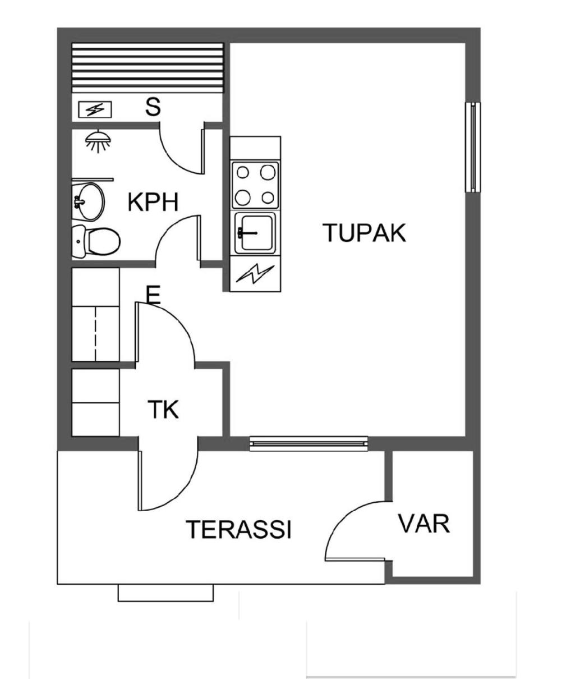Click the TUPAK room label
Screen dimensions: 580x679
[x=364, y=233]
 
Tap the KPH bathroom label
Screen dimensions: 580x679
[x=153, y=203]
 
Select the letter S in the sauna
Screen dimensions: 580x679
[x=153, y=107]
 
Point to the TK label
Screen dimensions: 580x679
[x=163, y=409]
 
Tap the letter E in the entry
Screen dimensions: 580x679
[x=153, y=295]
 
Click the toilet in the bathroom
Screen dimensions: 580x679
[x=96, y=242]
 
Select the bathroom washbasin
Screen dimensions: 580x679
[x=88, y=201]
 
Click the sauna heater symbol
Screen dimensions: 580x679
[x=95, y=110]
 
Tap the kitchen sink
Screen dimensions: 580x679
[x=255, y=233]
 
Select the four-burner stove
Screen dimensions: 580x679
[x=255, y=185]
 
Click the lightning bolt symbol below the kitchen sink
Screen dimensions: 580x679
[x=255, y=273]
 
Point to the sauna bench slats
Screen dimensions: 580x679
[x=148, y=68]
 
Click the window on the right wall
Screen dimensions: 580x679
[x=473, y=147]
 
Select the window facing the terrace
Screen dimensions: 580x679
[x=309, y=443]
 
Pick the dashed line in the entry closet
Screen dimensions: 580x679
[x=95, y=333]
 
